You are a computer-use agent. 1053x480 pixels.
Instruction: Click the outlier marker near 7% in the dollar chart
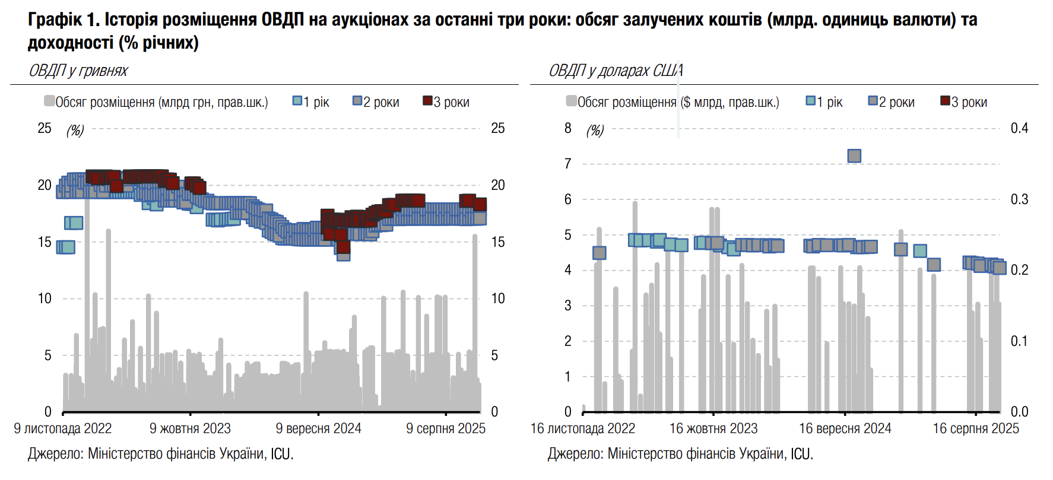(x=854, y=156)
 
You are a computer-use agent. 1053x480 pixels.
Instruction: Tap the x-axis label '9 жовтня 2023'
(x=190, y=428)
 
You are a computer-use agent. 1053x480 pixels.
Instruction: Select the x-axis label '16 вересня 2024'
(x=845, y=428)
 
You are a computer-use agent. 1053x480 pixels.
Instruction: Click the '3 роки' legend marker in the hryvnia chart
(x=427, y=101)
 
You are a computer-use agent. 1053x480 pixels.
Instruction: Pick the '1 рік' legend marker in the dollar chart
(x=811, y=101)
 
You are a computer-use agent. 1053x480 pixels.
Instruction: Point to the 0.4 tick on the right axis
(x=1019, y=128)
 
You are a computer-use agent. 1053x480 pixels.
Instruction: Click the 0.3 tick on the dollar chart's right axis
(x=1019, y=199)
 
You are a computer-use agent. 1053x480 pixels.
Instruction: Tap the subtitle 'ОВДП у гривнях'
(x=78, y=71)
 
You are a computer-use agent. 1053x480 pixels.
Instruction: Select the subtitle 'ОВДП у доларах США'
(x=616, y=71)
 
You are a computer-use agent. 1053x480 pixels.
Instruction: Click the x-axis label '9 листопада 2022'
(x=63, y=428)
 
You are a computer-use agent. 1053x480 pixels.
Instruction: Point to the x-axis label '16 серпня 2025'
(x=975, y=428)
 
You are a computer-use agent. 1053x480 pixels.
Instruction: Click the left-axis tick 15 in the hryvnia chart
(x=45, y=242)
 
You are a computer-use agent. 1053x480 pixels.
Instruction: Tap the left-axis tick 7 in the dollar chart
(x=568, y=164)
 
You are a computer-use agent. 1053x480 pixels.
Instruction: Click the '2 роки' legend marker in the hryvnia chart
(x=357, y=101)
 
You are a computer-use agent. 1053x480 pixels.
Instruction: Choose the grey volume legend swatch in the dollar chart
(x=571, y=101)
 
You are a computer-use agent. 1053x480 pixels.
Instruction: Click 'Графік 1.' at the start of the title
(x=64, y=20)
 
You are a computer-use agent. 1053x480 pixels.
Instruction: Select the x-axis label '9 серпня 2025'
(x=445, y=428)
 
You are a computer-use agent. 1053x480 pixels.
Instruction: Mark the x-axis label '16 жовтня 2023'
(x=713, y=428)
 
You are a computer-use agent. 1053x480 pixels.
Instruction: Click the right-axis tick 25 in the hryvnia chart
(x=498, y=128)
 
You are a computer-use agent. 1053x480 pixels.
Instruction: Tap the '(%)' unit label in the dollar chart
(x=595, y=131)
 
